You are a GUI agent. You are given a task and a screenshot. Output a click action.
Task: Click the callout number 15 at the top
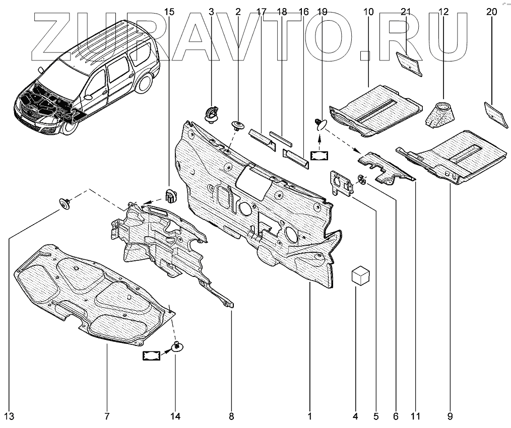point(170,11)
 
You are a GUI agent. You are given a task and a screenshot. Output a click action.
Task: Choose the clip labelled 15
point(170,194)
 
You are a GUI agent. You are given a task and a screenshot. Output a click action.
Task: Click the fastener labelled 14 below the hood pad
point(177,346)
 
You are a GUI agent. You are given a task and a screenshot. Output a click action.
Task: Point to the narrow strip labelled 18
point(285,136)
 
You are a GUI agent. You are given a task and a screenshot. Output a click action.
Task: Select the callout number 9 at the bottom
point(450,416)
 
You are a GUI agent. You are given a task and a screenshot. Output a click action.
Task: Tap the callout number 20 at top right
point(492,11)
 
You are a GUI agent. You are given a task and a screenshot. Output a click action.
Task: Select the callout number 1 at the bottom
point(310,416)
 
